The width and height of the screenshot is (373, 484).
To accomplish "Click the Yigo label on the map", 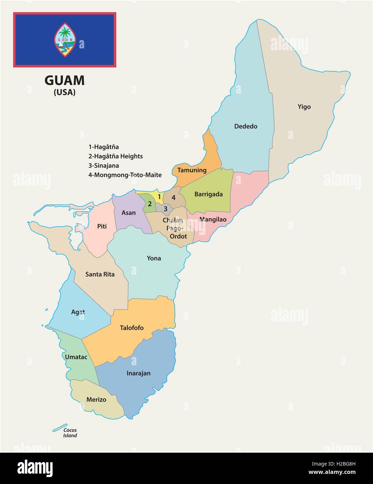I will pyautogui.click(x=304, y=107).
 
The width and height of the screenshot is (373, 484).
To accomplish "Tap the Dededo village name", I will pyautogui.click(x=246, y=126).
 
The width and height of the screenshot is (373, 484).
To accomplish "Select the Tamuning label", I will pyautogui.click(x=192, y=170).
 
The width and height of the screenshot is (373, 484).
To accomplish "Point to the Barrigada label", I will pyautogui.click(x=208, y=194).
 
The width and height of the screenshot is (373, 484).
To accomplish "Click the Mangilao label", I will pyautogui.click(x=213, y=219).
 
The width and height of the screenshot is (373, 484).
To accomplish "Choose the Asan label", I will pyautogui.click(x=129, y=213).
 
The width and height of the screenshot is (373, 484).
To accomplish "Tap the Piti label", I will pyautogui.click(x=102, y=226).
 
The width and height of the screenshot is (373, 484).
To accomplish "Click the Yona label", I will pyautogui.click(x=154, y=258).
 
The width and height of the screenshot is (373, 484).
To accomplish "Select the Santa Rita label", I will pyautogui.click(x=100, y=274).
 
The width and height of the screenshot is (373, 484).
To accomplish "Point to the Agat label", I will pyautogui.click(x=78, y=312).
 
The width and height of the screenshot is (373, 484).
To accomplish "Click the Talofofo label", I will pyautogui.click(x=132, y=328).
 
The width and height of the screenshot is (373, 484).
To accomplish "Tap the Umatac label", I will pyautogui.click(x=76, y=357).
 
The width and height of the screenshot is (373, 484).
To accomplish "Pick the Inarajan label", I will pyautogui.click(x=138, y=373).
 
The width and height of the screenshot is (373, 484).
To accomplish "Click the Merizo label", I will pyautogui.click(x=96, y=399).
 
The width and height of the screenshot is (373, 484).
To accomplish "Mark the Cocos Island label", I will pyautogui.click(x=70, y=433).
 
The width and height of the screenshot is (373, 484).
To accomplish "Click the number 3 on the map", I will pyautogui.click(x=166, y=209).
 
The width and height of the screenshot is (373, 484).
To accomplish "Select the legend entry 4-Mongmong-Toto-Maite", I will pyautogui.click(x=125, y=175).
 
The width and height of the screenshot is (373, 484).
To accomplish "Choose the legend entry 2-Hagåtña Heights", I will pyautogui.click(x=116, y=156).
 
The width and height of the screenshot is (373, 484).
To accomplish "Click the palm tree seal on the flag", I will pyautogui.click(x=64, y=40).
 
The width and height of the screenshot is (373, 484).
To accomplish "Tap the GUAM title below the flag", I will pyautogui.click(x=64, y=80).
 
